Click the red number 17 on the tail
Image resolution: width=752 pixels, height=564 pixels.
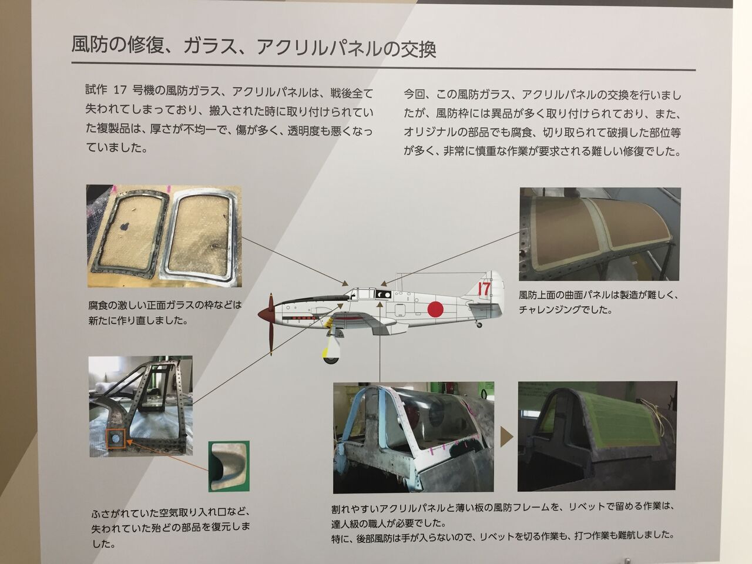(x=484, y=290)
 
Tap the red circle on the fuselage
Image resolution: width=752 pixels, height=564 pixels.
(x=435, y=309)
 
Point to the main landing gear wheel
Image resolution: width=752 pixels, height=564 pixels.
(x=331, y=359)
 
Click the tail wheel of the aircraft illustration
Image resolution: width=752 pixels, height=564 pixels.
(x=479, y=325)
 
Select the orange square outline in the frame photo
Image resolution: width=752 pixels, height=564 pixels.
(x=116, y=438)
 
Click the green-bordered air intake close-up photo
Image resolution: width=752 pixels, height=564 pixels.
(x=229, y=466)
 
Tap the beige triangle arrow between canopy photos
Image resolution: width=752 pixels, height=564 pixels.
(x=506, y=437)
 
